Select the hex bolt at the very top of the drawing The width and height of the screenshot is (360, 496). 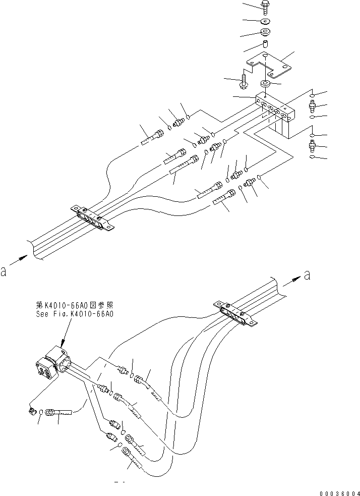[x=265, y=7]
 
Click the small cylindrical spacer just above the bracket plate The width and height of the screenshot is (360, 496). [x=265, y=46]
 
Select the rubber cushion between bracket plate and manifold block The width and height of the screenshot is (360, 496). [x=265, y=83]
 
